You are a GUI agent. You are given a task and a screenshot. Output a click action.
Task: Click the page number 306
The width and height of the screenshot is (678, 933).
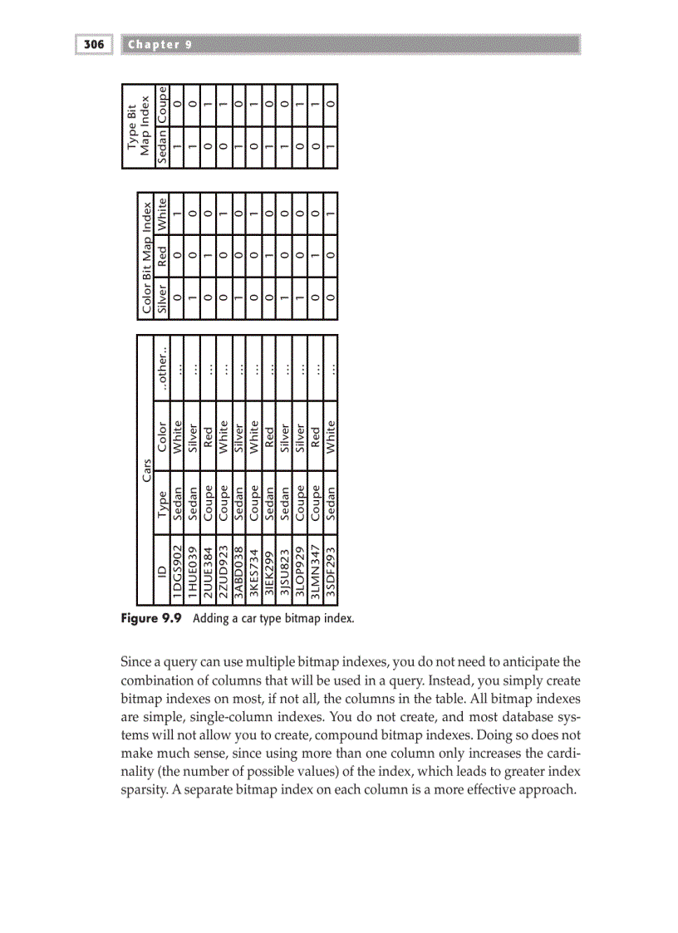click(93, 44)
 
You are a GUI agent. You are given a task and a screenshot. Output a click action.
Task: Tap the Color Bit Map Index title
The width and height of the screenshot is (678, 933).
click(146, 254)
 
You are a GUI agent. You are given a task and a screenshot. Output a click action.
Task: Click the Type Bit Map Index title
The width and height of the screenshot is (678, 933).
click(138, 125)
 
